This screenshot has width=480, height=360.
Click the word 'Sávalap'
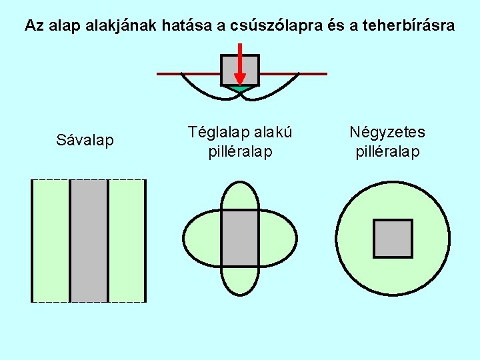[85, 141]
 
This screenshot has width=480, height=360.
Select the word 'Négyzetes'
[387, 132]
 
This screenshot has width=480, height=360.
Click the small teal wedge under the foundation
[240, 88]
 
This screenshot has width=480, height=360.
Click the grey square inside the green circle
[393, 239]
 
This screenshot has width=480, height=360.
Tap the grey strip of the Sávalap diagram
[89, 240]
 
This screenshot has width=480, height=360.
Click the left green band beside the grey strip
[51, 240]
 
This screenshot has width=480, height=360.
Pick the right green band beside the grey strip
[127, 240]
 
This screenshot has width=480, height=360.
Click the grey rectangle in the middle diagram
[240, 238]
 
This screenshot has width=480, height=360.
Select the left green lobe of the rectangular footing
[202, 238]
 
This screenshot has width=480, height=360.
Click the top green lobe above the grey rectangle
[240, 197]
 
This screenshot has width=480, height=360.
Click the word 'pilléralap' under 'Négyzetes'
[387, 152]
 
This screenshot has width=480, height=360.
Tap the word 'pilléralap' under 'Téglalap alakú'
[240, 152]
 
